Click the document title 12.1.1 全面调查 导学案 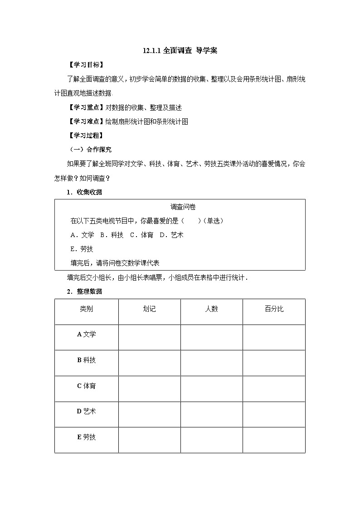pyautogui.click(x=180, y=51)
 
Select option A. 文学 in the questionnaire pyautogui.click(x=83, y=235)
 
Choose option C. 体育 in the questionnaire pyautogui.click(x=141, y=235)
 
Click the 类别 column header pyautogui.click(x=86, y=309)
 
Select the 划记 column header pyautogui.click(x=149, y=309)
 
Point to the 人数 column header pyautogui.click(x=211, y=309)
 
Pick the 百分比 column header pyautogui.click(x=274, y=309)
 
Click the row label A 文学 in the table pyautogui.click(x=86, y=334)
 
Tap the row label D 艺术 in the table pyautogui.click(x=86, y=412)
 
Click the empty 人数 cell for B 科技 pyautogui.click(x=211, y=363)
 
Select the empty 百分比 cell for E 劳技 pyautogui.click(x=274, y=440)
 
